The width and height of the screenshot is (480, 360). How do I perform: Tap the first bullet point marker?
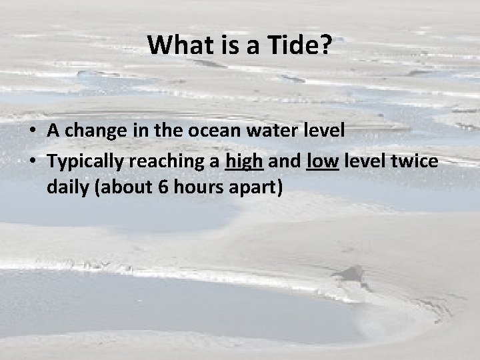[x=33, y=131]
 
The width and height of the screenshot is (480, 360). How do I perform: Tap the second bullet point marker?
[x=33, y=161]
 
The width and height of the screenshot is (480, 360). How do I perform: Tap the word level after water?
[x=323, y=130]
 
